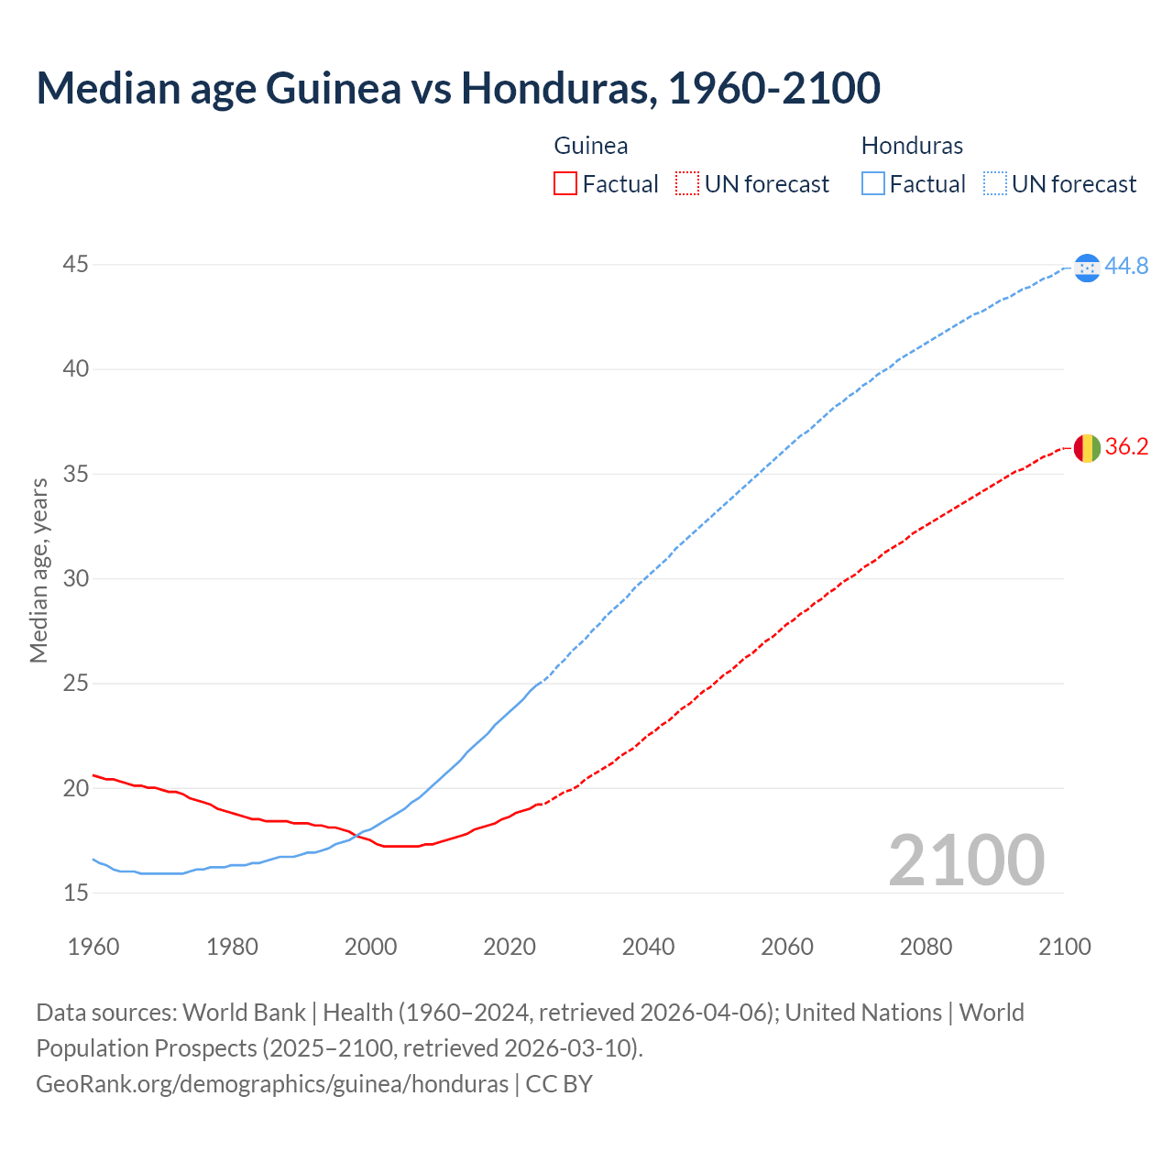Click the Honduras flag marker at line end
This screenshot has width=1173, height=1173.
pos(1087,267)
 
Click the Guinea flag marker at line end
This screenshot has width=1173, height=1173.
pos(1087,448)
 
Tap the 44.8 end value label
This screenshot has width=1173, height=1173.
pos(1126,266)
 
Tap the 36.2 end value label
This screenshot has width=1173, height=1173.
pos(1126,447)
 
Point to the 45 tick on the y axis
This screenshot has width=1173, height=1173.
pos(76,265)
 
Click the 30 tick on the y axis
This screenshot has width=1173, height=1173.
pos(76,578)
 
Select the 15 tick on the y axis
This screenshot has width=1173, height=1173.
pos(76,893)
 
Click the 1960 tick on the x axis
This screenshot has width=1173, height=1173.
pos(93,947)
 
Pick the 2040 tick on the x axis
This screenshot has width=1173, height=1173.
pos(648,947)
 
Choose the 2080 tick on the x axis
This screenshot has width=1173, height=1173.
pos(926,947)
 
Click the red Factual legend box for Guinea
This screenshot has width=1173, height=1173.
pos(565,184)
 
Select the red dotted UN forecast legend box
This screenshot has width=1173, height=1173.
pos(687,184)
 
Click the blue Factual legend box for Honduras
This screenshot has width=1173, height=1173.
pos(873,184)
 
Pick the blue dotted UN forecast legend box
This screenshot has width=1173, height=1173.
pos(995,184)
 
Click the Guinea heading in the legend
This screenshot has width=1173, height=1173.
pos(591,146)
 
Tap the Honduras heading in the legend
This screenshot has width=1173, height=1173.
pos(912,146)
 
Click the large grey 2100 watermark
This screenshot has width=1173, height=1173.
pos(966,860)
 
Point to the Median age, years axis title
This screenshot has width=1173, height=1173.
pos(38,570)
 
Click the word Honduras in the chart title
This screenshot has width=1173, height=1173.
pos(558,88)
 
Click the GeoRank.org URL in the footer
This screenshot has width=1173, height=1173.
pos(272,1083)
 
